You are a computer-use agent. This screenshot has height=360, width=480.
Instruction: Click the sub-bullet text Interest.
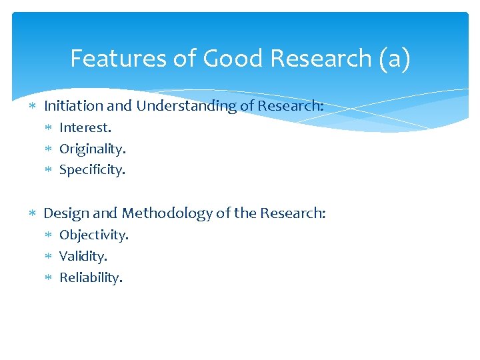tap(85, 127)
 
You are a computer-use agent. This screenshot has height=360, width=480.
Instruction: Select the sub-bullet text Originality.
tap(92, 149)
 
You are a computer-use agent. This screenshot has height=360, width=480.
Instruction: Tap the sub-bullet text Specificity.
tap(92, 170)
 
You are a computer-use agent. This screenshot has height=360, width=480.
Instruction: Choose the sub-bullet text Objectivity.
tap(94, 235)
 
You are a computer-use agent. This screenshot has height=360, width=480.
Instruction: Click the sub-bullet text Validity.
tap(83, 256)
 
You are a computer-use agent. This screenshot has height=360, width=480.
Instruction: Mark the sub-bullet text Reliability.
tap(91, 277)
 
